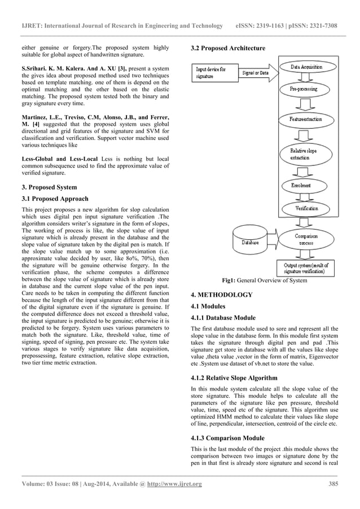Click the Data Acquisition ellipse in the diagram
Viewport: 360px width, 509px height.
coord(306,67)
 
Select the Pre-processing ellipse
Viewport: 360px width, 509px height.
coord(304,89)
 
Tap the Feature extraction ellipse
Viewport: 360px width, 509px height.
coord(304,121)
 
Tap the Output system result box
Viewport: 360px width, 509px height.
coord(306,267)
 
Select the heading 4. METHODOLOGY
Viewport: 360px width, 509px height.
coord(221,295)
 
